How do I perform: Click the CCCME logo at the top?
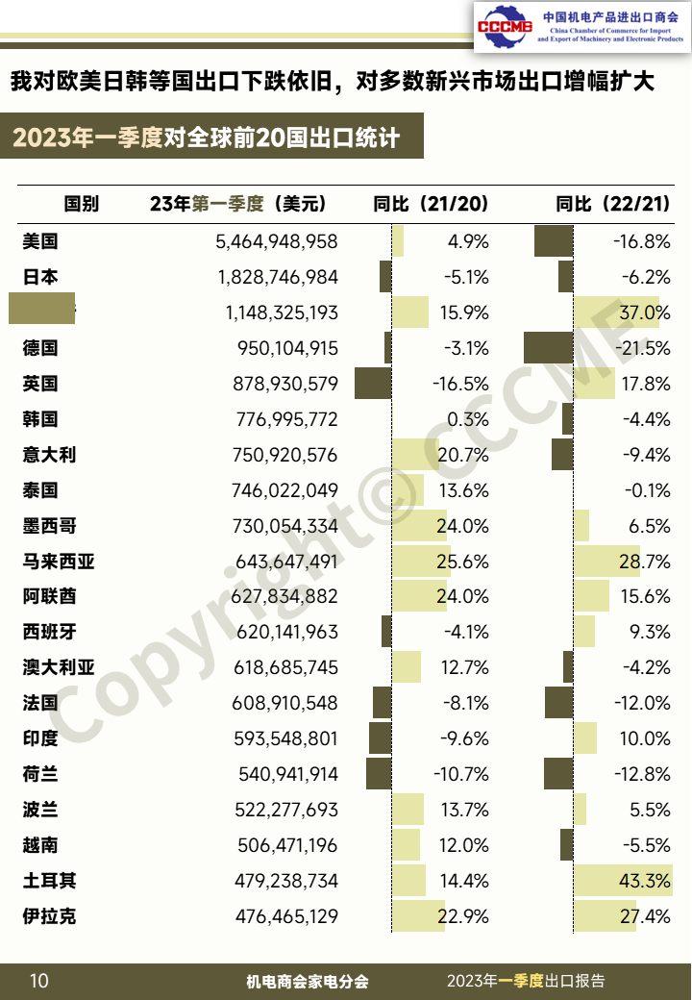pos(506,26)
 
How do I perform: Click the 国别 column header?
pos(81,204)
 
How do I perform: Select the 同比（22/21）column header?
pos(613,204)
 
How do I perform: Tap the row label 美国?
pos(40,241)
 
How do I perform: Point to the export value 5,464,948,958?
pos(277,241)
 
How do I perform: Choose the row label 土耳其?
pos(49,881)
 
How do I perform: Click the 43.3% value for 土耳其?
pos(645,881)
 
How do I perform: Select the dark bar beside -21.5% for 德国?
pos(548,348)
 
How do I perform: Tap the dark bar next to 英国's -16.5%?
pos(373,384)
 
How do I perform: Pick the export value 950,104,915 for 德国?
pos(286,348)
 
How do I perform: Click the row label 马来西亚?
pos(59,562)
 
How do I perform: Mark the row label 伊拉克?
pos(49,916)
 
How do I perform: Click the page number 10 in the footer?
pos(38,981)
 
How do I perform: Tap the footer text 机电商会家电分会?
pos(308,982)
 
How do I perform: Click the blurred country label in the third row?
pos(42,312)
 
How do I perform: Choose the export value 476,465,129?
pos(286,916)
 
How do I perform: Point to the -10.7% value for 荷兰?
pos(461,774)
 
